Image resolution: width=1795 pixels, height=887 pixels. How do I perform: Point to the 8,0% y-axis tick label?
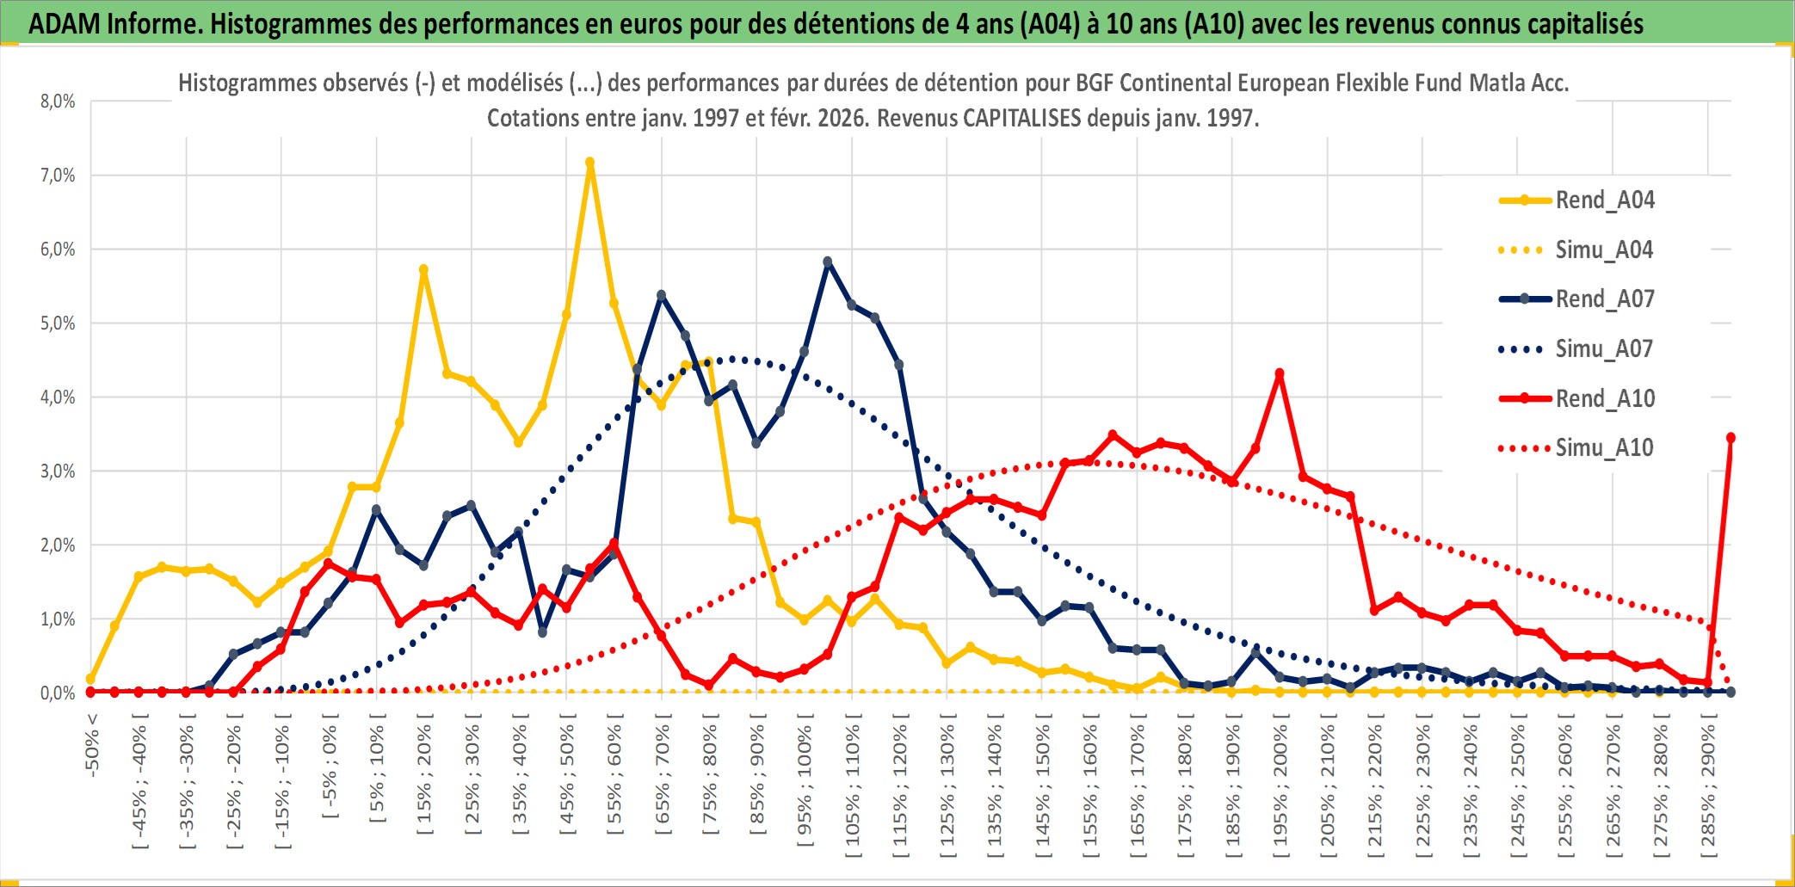pyautogui.click(x=58, y=102)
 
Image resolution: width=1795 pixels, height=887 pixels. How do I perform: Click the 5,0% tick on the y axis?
pyautogui.click(x=58, y=323)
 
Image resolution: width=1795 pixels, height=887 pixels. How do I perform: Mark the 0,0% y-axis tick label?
pyautogui.click(x=58, y=693)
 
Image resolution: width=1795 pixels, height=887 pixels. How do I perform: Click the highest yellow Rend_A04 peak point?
pyautogui.click(x=589, y=162)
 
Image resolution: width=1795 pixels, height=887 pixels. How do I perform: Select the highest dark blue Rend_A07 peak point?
pyautogui.click(x=828, y=262)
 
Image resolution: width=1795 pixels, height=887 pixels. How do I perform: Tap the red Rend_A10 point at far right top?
pyautogui.click(x=1730, y=438)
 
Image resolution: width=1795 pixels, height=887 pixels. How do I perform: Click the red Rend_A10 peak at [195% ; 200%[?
pyautogui.click(x=1280, y=373)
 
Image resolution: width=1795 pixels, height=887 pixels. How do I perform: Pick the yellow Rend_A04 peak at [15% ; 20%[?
pyautogui.click(x=423, y=269)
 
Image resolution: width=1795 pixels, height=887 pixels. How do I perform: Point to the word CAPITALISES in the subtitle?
pyautogui.click(x=1021, y=118)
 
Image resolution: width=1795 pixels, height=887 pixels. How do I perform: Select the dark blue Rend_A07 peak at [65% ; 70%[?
pyautogui.click(x=661, y=295)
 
